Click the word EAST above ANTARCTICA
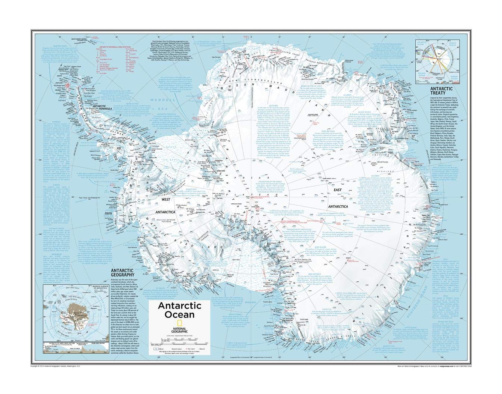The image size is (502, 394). pos(337,190)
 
